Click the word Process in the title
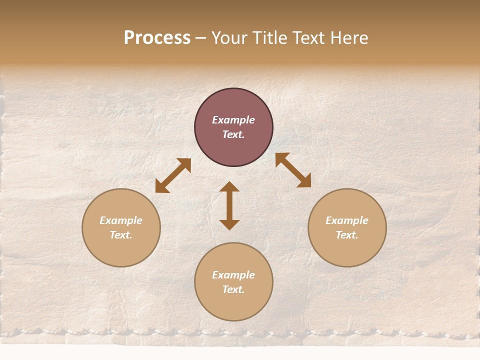point(157,38)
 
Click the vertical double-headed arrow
point(229,205)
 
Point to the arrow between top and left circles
point(173,175)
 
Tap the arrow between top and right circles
point(293,170)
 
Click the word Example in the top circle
point(233,120)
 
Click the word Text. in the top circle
point(233,134)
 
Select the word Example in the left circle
point(121,220)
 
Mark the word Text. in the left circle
point(121,235)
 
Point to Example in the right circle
point(347,220)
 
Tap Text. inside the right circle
point(347,235)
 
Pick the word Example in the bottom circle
point(233,275)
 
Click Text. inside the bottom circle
point(233,289)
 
